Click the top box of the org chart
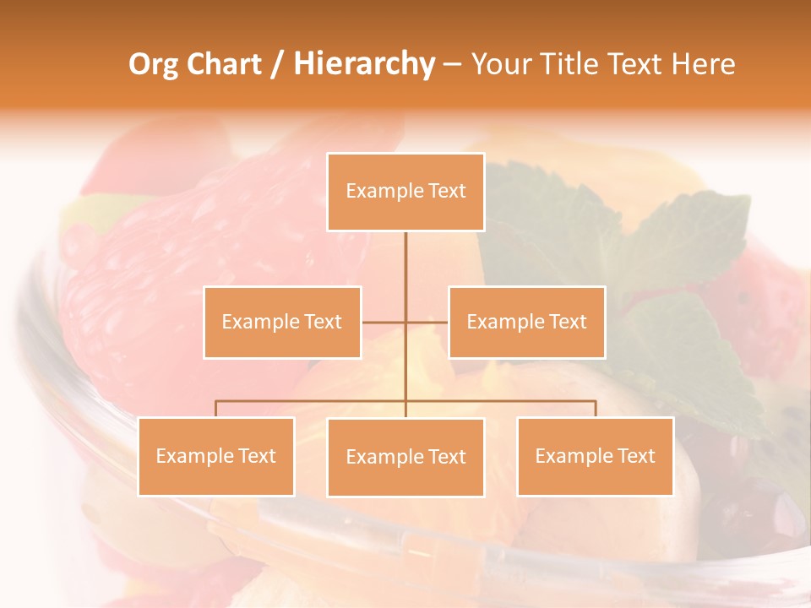click(405, 192)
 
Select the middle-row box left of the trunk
click(282, 322)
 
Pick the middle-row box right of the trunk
click(526, 322)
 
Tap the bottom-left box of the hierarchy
click(216, 456)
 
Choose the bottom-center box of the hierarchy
click(405, 457)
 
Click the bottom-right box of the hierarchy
click(595, 456)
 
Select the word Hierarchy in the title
click(364, 64)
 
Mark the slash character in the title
click(277, 65)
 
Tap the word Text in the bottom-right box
click(636, 456)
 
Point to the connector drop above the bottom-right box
click(596, 409)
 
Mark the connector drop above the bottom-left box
click(216, 409)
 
